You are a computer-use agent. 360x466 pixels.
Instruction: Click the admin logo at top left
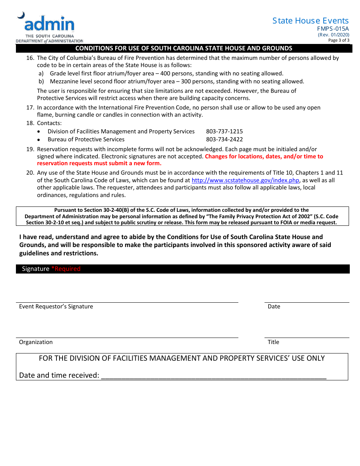(49, 27)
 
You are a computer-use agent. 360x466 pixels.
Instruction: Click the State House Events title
(310, 21)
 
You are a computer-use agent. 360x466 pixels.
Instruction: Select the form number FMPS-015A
(333, 29)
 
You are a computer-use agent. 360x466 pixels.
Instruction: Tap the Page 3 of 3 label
(339, 40)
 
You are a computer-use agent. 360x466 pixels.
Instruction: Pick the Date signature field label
(274, 306)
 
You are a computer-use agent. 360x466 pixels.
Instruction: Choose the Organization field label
(36, 342)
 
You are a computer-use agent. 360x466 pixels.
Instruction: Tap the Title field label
(273, 342)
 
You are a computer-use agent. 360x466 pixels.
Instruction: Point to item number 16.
(30, 58)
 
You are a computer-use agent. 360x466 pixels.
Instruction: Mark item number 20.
(30, 173)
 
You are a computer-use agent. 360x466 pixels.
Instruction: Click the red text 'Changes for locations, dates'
(264, 156)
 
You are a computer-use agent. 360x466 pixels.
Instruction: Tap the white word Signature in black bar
(36, 269)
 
